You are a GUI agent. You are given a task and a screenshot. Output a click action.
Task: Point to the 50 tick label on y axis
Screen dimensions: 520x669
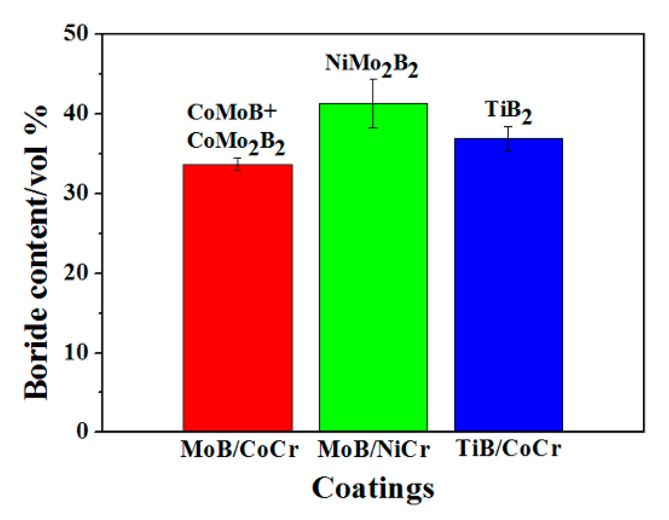point(76,33)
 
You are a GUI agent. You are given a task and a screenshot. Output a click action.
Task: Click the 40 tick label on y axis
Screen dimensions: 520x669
point(76,113)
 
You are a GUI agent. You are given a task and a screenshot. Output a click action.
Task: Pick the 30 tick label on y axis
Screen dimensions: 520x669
point(76,193)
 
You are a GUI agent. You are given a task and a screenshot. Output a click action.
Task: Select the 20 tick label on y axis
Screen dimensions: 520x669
point(76,272)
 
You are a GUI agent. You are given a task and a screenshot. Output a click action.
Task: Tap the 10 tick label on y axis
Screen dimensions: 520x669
point(76,352)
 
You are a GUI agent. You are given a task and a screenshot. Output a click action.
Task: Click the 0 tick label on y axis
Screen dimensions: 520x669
point(82,431)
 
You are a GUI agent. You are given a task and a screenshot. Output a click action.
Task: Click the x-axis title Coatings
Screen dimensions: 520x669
point(373,488)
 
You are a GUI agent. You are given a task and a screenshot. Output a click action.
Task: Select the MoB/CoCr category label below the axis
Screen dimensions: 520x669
point(239,449)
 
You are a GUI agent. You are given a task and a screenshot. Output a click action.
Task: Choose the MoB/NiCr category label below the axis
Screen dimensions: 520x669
point(373,449)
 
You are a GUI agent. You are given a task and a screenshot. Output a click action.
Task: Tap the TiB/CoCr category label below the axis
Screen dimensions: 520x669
point(509,448)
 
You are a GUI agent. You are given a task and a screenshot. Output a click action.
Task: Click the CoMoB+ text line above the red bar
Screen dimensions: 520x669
point(232,112)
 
